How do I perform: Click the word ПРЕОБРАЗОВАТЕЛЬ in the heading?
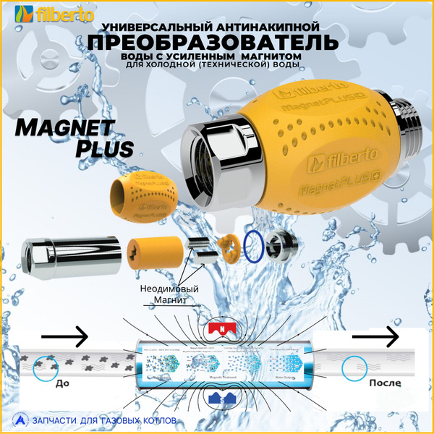pyautogui.click(x=213, y=42)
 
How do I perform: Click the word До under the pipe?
pyautogui.click(x=62, y=384)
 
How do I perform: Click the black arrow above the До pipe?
pyautogui.click(x=64, y=336)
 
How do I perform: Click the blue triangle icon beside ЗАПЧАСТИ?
pyautogui.click(x=19, y=420)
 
